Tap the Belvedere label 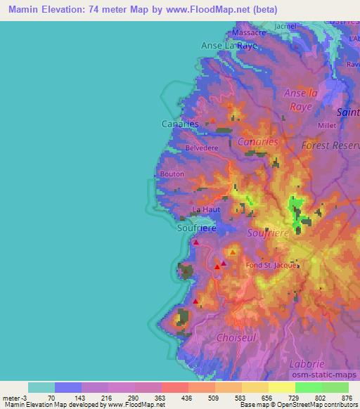pos(202,148)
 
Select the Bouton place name pos(172,174)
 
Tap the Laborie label pos(307,363)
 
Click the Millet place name pos(328,125)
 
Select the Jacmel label pos(287,27)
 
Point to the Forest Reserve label pos(329,144)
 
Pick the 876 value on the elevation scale pos(347,398)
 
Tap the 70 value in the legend pos(51,398)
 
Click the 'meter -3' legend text pos(13,398)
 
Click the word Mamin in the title pos(23,10)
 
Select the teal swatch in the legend pos(41,387)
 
